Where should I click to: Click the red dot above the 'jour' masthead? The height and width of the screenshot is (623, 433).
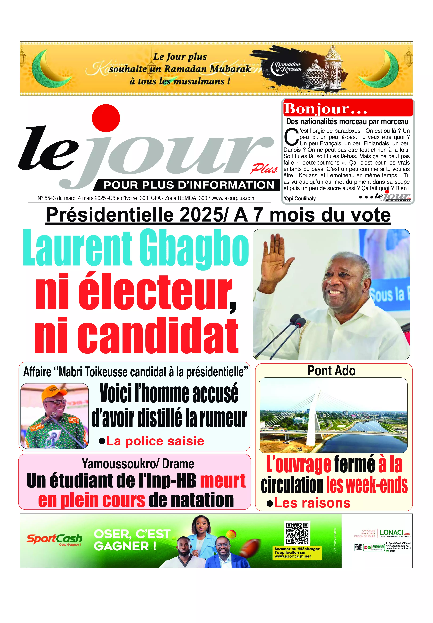point(106,118)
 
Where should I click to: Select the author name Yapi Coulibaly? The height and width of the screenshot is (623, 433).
point(300,198)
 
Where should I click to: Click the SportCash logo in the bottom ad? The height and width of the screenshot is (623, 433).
point(54,539)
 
